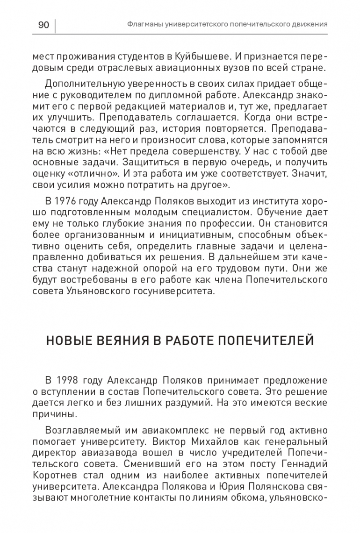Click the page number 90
pyautogui.click(x=43, y=25)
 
